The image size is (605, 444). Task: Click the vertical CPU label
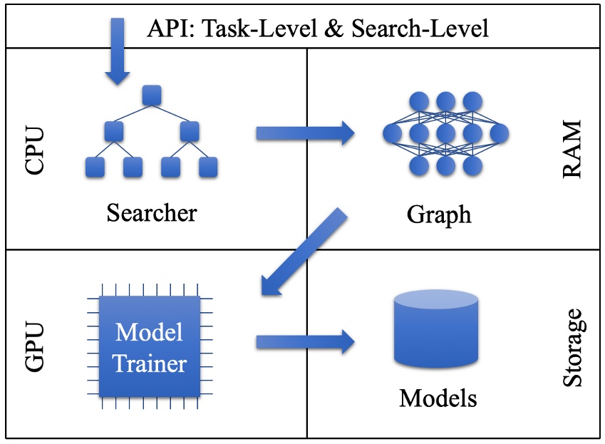coord(33,151)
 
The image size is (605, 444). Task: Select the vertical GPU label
coord(33,347)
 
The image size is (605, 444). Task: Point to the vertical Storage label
coord(572,348)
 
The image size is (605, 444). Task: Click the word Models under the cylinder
coord(438,397)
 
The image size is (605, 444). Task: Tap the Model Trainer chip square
coord(150,348)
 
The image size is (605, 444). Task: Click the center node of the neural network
coord(445,133)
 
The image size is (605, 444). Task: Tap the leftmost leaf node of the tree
coord(95,167)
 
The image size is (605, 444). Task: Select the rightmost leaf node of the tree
coord(207,167)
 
